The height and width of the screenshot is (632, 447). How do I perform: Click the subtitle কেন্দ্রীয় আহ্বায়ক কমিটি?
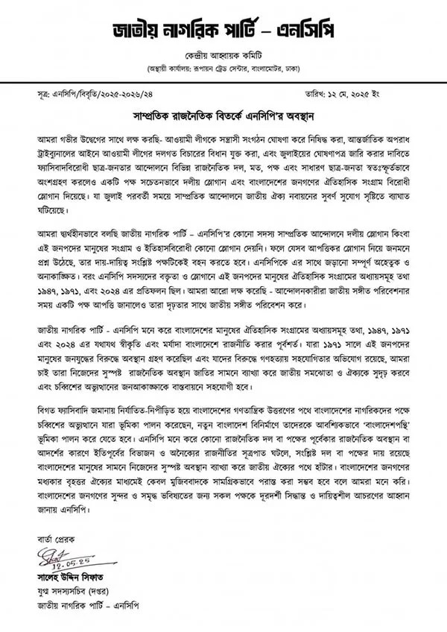223,57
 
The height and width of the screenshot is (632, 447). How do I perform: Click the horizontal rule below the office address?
223,81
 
